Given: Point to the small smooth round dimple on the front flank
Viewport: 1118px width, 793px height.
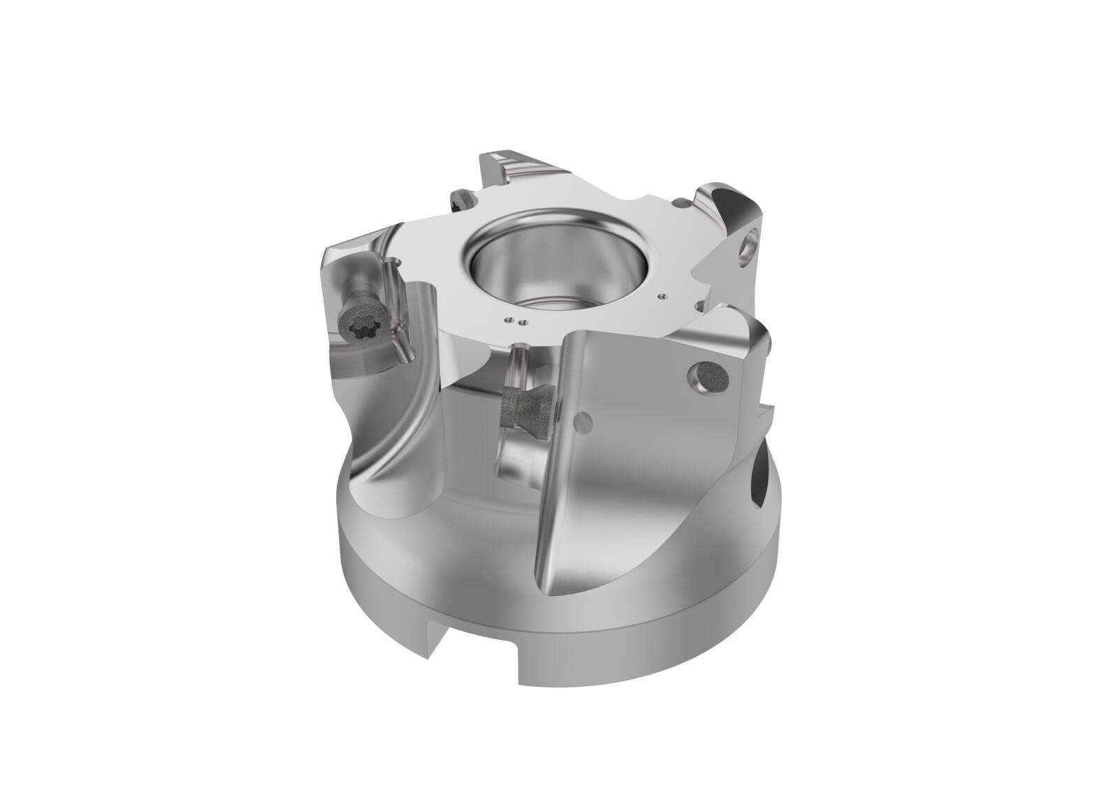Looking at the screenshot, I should [582, 421].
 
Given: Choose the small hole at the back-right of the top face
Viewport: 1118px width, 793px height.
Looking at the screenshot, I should [681, 203].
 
